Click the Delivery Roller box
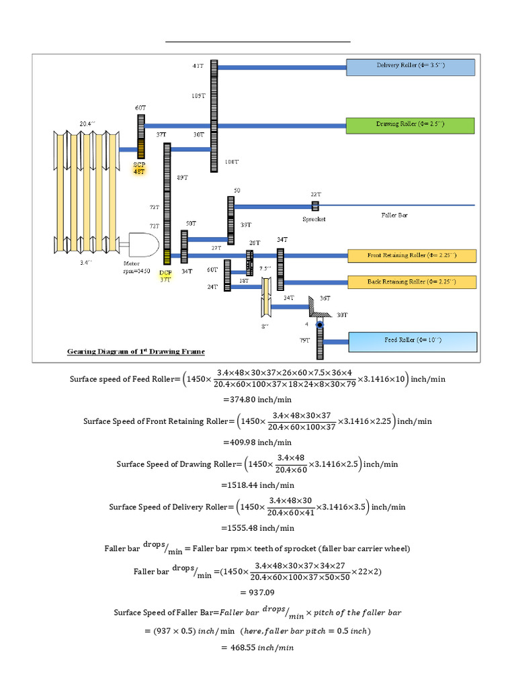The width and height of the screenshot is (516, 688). [x=411, y=67]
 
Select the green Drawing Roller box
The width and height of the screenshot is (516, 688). [x=411, y=126]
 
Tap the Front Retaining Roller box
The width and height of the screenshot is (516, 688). [x=411, y=256]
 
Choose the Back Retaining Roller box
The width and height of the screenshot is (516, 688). [x=411, y=282]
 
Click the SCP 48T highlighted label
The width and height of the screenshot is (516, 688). [x=140, y=167]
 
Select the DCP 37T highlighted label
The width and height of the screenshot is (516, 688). [x=165, y=276]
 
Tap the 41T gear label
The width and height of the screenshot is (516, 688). [x=198, y=66]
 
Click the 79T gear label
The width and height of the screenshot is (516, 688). [x=304, y=341]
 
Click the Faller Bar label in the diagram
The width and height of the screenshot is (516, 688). [x=394, y=216]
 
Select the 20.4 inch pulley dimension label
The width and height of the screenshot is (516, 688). [x=89, y=124]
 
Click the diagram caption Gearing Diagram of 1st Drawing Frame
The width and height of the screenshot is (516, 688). [x=136, y=351]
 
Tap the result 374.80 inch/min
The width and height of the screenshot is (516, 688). [x=257, y=399]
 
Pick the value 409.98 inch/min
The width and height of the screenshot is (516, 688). [x=257, y=442]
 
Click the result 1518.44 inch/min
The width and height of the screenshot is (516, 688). [x=257, y=484]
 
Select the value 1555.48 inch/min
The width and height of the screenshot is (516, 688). [x=257, y=527]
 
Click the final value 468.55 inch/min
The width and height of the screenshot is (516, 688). [x=257, y=648]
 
